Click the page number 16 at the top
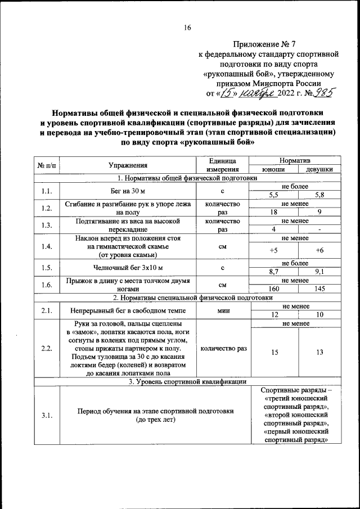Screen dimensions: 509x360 click(188, 28)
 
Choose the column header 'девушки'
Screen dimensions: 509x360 click(319, 169)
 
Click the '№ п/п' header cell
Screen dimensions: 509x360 click(47, 165)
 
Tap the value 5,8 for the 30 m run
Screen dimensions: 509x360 click(319, 195)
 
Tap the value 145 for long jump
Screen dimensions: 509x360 click(319, 289)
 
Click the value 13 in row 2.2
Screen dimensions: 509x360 click(319, 353)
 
